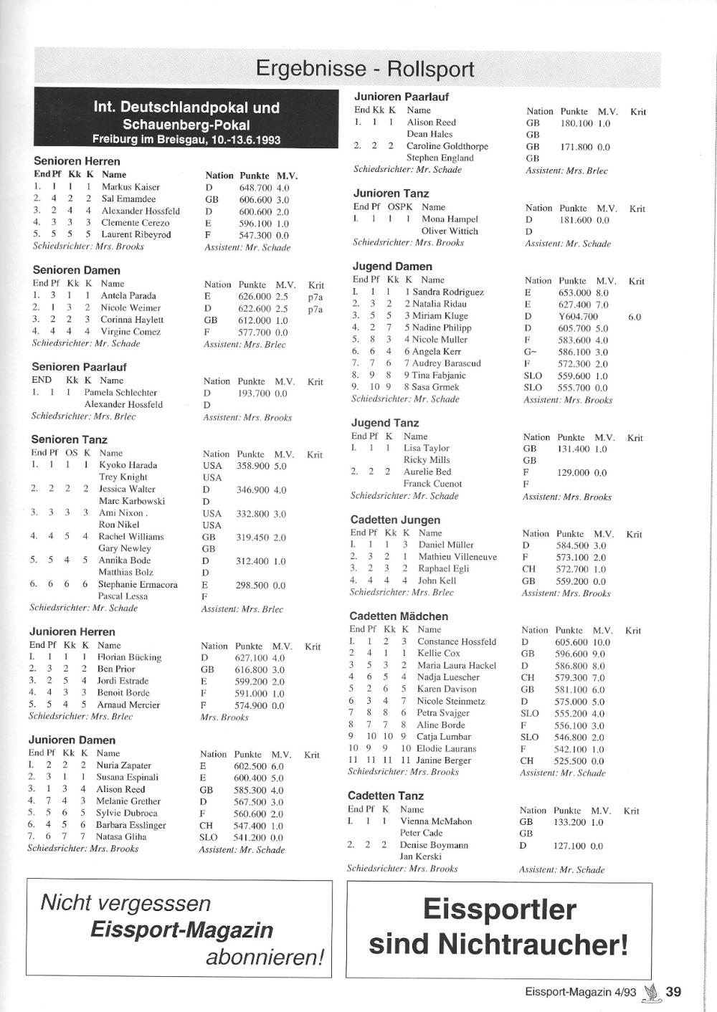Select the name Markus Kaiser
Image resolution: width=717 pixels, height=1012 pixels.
click(130, 187)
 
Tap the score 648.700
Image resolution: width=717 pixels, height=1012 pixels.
click(255, 188)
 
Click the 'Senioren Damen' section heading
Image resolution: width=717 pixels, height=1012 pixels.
click(77, 270)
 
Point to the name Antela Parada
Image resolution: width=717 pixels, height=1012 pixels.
click(128, 296)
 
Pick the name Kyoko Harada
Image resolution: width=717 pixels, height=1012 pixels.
click(128, 465)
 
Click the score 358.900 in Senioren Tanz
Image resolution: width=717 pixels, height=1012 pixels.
click(252, 466)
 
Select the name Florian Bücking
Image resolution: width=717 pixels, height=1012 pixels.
click(129, 657)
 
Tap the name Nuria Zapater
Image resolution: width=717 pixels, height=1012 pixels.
click(123, 765)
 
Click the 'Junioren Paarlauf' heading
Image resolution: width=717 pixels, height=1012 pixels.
click(401, 97)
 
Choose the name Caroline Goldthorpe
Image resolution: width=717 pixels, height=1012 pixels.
click(447, 146)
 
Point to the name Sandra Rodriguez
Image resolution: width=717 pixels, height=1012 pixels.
click(448, 292)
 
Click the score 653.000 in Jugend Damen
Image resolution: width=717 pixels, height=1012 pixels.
click(575, 293)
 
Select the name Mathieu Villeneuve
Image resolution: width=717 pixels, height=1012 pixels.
click(457, 557)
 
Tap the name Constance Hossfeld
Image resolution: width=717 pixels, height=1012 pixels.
click(457, 642)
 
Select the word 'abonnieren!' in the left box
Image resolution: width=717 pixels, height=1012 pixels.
click(265, 958)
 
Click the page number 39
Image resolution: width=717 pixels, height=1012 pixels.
click(673, 992)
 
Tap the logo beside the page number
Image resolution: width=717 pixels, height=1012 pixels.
click(652, 992)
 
